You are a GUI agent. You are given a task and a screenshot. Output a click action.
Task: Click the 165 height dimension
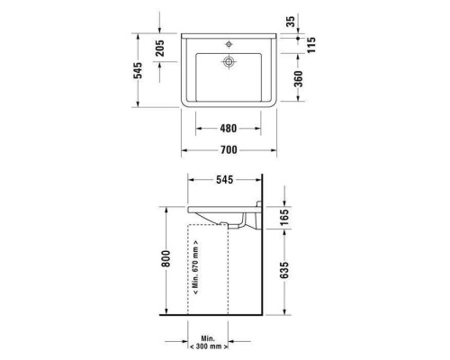click(x=285, y=219)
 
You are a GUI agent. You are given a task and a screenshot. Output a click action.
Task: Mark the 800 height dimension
click(x=165, y=261)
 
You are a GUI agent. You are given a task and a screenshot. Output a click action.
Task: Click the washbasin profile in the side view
click(x=220, y=214)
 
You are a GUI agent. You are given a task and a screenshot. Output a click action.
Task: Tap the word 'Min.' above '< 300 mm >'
click(x=208, y=337)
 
